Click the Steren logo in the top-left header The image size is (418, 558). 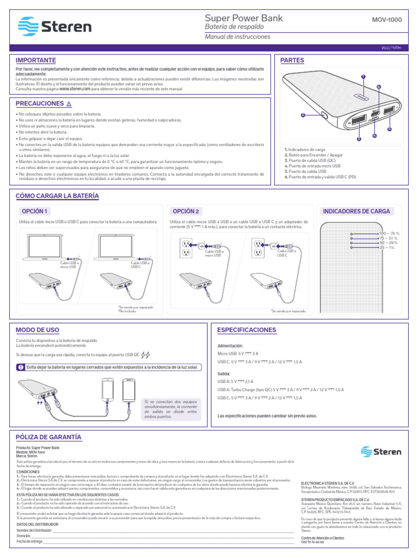click(x=55, y=26)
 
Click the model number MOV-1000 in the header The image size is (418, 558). click(x=386, y=20)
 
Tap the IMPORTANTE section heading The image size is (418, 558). click(x=36, y=59)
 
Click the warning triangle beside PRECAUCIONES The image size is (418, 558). click(x=69, y=104)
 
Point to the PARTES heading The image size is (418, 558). click(x=292, y=60)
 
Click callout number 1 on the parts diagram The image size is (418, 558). click(x=362, y=77)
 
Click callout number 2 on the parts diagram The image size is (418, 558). click(x=302, y=115)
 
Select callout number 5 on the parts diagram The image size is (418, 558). click(x=390, y=129)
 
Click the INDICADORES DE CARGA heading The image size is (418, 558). click(x=356, y=211)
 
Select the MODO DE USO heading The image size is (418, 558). click(x=38, y=330)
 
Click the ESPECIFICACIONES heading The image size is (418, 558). click(x=247, y=330)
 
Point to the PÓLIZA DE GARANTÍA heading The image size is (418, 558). click(x=48, y=436)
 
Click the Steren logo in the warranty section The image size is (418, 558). click(x=381, y=451)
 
